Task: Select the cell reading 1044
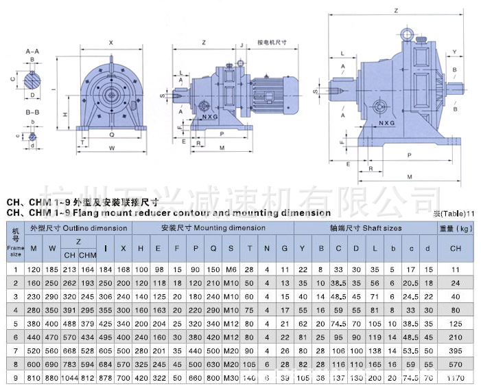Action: [x=70, y=378]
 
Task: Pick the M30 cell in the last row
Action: [x=231, y=378]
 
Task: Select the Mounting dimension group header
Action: [x=213, y=227]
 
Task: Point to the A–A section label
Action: [x=32, y=52]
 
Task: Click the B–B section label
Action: [x=32, y=111]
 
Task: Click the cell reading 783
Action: [x=70, y=364]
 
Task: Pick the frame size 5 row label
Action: [x=16, y=323]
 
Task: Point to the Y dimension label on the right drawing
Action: [x=454, y=52]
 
